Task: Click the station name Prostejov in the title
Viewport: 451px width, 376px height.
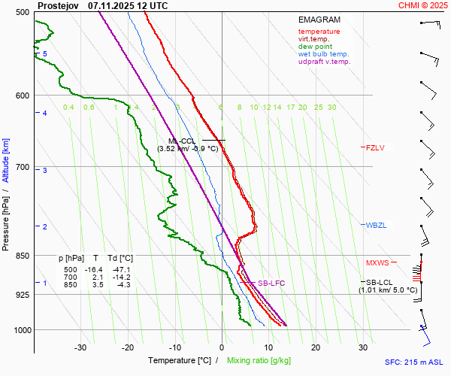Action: tap(59, 5)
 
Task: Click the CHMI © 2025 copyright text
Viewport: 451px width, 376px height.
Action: tap(422, 5)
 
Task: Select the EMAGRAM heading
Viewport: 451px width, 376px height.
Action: tap(319, 20)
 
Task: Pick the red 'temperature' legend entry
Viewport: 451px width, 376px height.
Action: tap(319, 32)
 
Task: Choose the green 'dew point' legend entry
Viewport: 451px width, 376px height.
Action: tap(314, 47)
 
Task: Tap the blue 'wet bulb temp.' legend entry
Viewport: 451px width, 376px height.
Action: tap(323, 54)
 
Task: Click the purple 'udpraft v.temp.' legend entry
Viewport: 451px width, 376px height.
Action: tap(324, 62)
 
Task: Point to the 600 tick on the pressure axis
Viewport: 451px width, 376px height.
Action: tap(21, 96)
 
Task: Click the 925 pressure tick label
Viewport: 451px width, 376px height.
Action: tap(21, 295)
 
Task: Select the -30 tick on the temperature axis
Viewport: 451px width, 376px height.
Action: tap(80, 347)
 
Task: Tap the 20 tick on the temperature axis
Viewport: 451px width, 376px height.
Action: tap(316, 347)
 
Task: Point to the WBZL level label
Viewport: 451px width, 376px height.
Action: tap(375, 226)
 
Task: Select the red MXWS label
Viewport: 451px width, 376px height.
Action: tap(377, 263)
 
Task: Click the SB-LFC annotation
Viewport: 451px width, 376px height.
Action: tap(271, 284)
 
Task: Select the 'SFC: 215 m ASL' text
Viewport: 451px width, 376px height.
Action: tap(416, 362)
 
